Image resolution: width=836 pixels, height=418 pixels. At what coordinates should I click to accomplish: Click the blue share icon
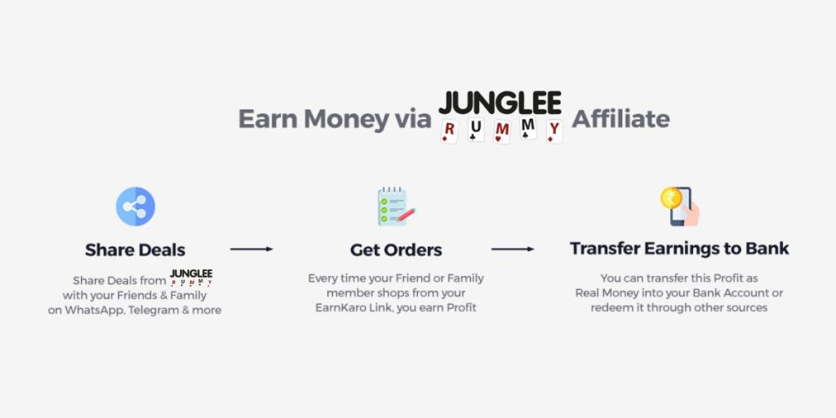click(136, 207)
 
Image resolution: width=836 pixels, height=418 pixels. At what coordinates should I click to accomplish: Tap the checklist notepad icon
click(396, 207)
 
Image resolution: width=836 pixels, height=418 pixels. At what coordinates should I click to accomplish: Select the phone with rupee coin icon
click(680, 207)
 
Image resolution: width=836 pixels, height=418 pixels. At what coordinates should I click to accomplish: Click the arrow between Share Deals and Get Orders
click(251, 249)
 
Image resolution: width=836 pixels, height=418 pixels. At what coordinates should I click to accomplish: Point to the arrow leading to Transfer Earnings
click(513, 249)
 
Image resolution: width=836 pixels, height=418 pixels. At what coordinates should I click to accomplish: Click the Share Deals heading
click(136, 250)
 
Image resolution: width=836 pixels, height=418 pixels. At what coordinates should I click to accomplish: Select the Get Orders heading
click(396, 250)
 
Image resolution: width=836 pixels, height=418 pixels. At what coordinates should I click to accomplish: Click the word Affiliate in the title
click(620, 118)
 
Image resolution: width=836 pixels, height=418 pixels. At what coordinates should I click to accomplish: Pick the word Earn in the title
click(268, 119)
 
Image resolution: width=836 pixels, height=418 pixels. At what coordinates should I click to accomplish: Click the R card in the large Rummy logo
click(449, 131)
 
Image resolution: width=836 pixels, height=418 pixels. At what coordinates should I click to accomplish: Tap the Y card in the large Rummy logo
click(554, 131)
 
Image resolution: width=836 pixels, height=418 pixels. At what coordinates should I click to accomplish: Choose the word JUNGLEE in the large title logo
click(500, 103)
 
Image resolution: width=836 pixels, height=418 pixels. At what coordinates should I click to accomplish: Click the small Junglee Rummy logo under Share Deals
click(191, 278)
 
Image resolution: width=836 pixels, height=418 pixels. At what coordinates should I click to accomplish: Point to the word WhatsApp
click(95, 310)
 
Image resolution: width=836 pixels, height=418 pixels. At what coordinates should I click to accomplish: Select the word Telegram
click(153, 310)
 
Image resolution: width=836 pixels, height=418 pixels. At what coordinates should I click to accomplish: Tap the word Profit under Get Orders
click(461, 308)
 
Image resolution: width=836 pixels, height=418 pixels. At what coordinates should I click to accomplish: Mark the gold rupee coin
click(671, 198)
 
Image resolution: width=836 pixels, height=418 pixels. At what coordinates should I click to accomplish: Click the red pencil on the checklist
click(406, 214)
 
